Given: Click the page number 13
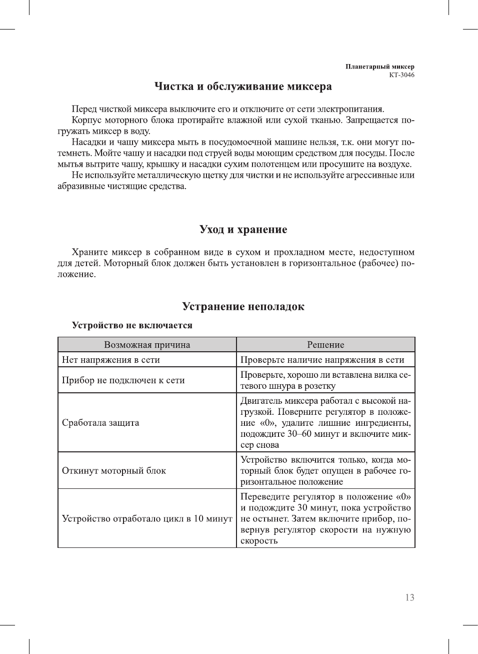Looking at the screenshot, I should click(409, 597).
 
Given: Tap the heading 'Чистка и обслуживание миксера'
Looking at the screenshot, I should click(243, 87).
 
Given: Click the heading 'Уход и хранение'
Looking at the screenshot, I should click(243, 230).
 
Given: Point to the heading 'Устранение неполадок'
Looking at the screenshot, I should click(243, 307).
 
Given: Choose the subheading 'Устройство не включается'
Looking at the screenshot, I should click(132, 325).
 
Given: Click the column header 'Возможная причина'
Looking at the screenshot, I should click(147, 345).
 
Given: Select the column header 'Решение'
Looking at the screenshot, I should click(325, 345).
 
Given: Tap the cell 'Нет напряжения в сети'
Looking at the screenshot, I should click(111, 360).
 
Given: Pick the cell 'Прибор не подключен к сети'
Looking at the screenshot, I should click(123, 380).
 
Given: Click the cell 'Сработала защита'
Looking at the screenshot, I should click(100, 423).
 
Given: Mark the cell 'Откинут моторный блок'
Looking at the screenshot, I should click(114, 471).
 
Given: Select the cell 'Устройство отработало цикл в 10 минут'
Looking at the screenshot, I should click(147, 518).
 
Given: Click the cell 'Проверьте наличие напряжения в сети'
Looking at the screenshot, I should click(322, 360).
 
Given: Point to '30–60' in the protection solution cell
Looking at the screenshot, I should click(299, 434).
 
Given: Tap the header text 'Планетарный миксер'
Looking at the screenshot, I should click(380, 67).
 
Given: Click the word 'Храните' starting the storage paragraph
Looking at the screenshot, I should click(88, 252).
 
